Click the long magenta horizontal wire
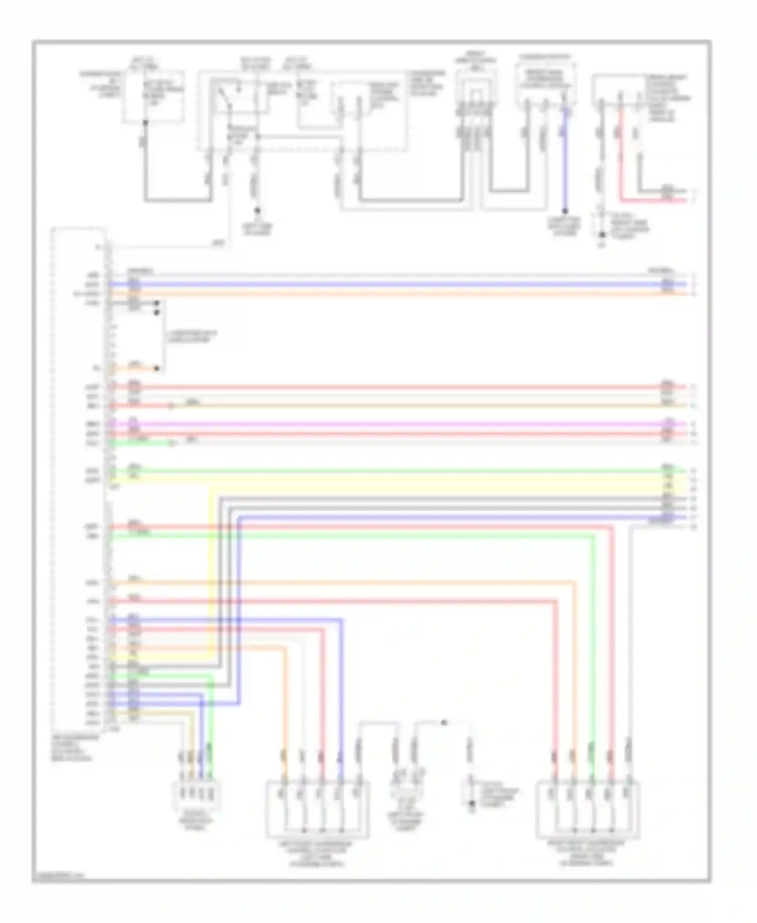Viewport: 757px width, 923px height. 394,425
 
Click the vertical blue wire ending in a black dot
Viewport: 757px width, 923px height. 565,162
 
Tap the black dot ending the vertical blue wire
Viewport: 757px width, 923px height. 565,211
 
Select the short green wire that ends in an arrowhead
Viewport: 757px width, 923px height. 141,443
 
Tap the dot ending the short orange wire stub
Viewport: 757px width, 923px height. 156,369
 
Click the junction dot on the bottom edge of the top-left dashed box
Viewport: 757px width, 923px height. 145,122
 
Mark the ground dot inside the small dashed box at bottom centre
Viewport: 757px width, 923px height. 472,803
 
